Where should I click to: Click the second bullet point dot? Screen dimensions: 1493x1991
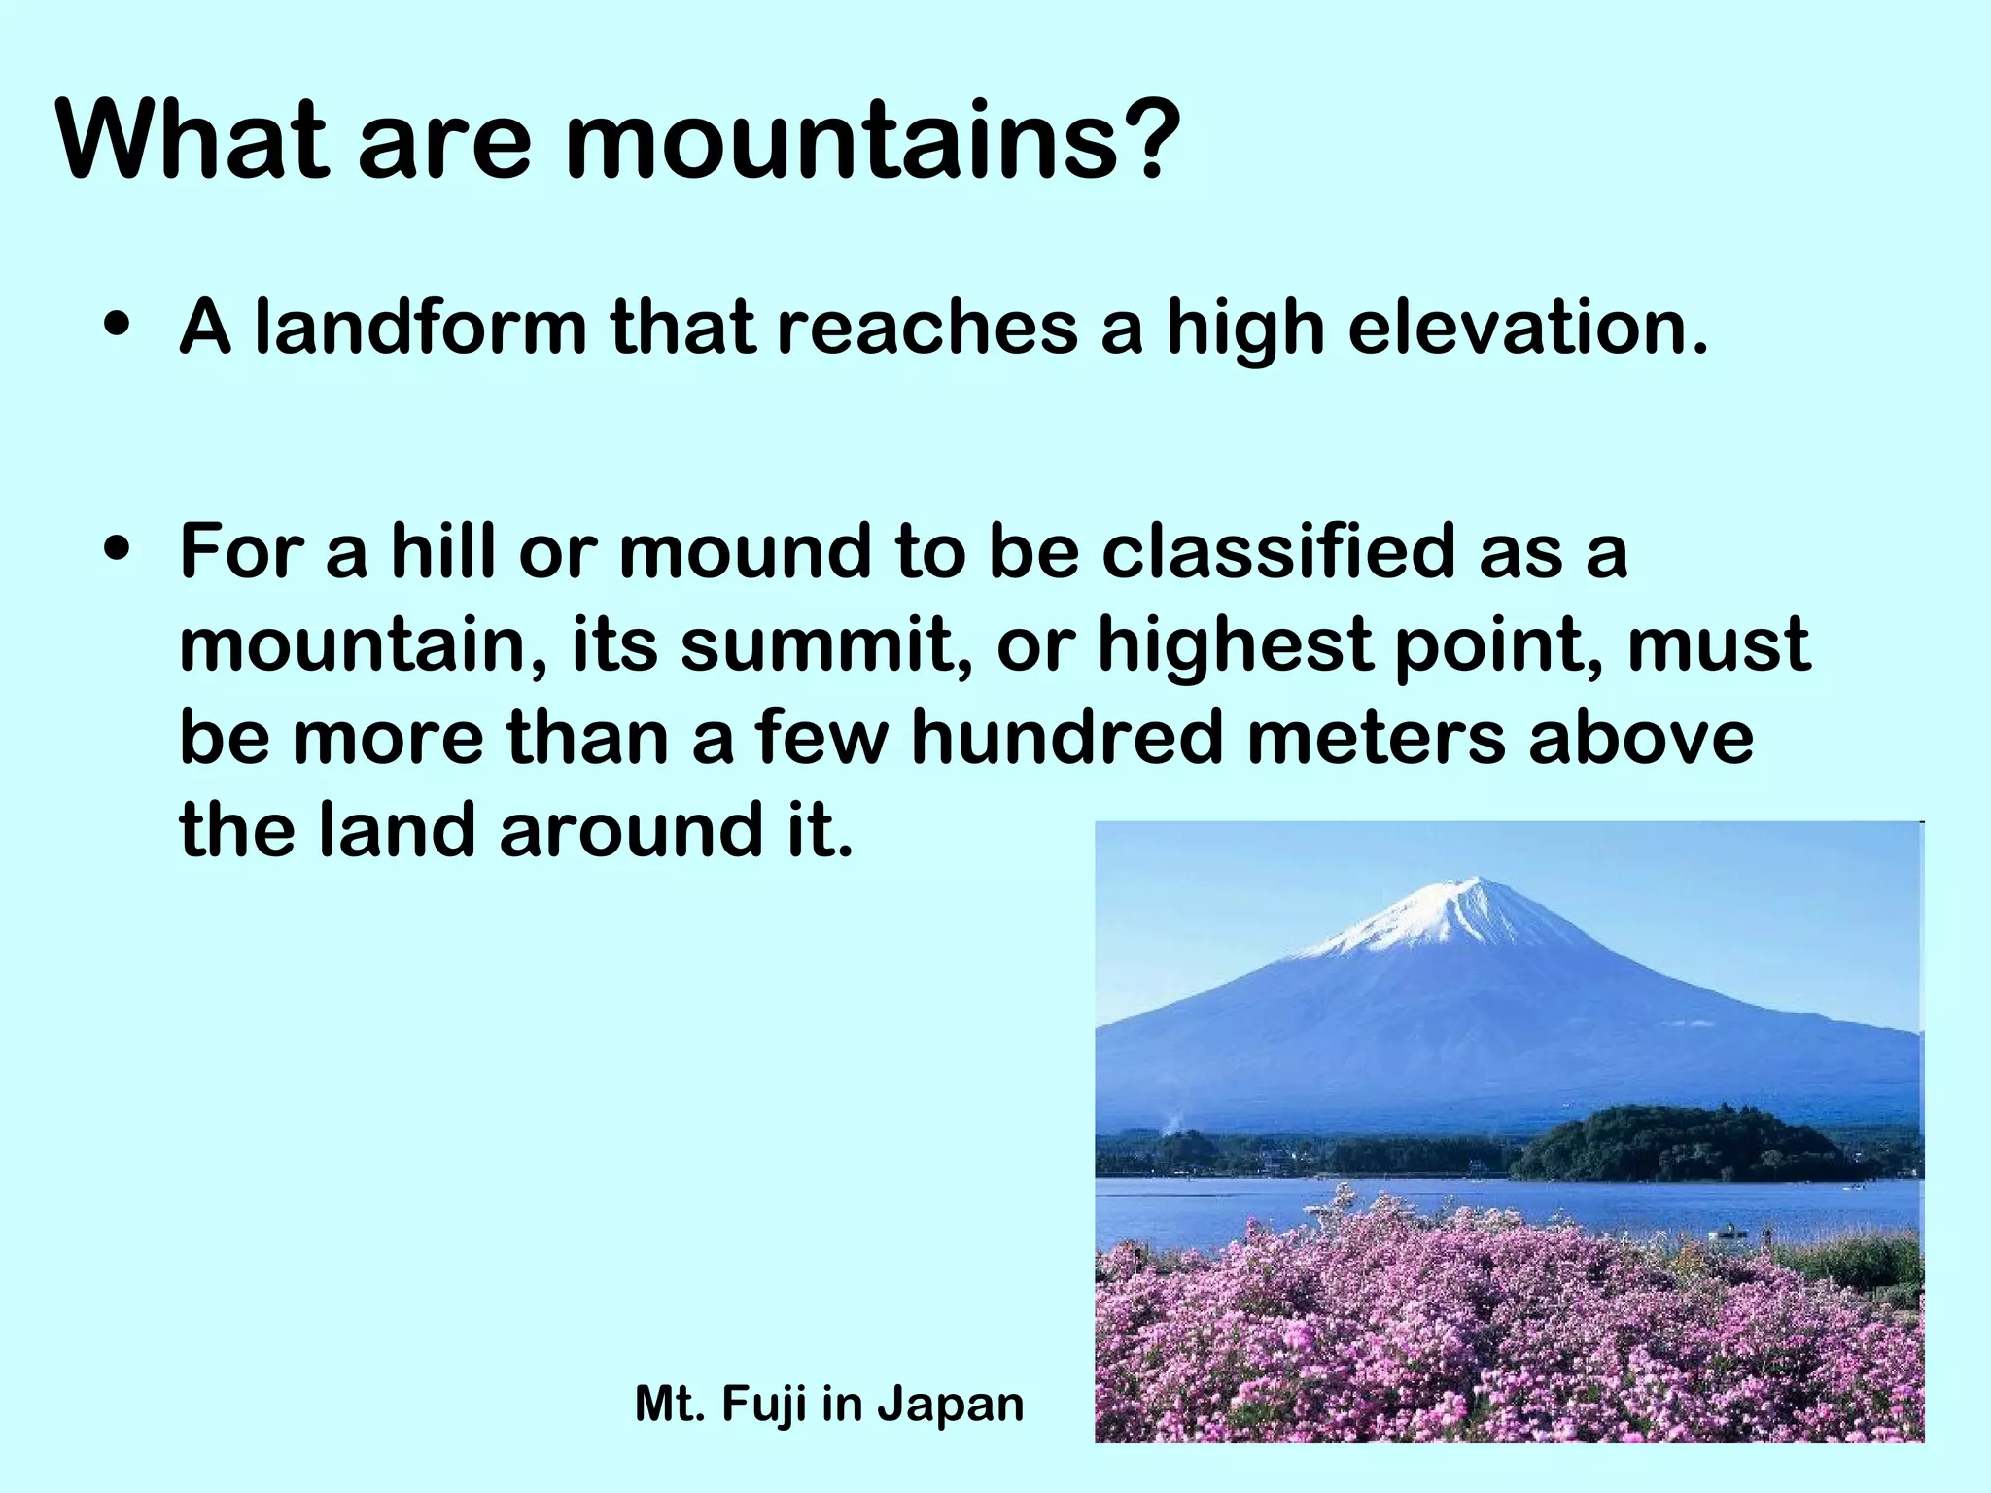coord(117,550)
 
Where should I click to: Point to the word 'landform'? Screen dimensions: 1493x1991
coord(421,328)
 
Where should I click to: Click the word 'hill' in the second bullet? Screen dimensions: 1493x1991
coord(443,551)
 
